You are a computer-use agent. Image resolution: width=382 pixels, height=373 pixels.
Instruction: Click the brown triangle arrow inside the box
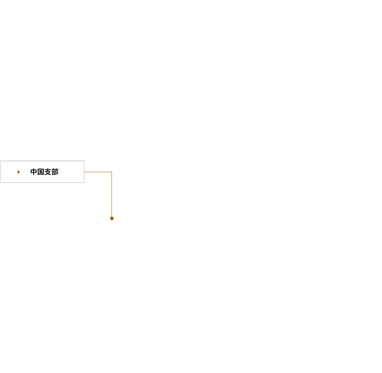click(19, 172)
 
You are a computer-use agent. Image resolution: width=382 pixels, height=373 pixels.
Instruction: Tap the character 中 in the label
click(34, 172)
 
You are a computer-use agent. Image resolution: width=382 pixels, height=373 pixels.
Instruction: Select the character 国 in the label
click(41, 172)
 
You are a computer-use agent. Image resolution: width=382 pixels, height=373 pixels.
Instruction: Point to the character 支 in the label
click(48, 172)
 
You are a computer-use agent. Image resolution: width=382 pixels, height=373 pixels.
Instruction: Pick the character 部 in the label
click(55, 172)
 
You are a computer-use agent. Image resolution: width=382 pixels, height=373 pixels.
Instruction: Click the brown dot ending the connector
click(112, 218)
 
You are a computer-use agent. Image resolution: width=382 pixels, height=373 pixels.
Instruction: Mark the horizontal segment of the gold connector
click(98, 172)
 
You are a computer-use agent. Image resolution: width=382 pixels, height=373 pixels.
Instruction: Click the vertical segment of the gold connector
click(112, 194)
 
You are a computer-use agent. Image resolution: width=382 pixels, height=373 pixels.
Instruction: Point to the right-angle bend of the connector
click(112, 172)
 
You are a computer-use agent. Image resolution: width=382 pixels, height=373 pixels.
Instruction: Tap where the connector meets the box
click(84, 172)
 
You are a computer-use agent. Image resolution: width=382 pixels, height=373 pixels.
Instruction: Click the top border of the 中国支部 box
click(42, 161)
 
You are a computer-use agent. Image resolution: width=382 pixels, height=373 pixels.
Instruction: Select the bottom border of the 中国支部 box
click(42, 182)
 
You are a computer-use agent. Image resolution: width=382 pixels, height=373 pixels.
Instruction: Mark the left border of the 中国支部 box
click(0, 172)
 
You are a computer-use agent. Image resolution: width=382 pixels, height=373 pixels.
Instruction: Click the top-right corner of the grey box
click(84, 161)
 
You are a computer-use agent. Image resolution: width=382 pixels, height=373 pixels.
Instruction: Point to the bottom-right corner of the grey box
click(84, 182)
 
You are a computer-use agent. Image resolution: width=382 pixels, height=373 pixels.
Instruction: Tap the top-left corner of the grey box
click(0, 161)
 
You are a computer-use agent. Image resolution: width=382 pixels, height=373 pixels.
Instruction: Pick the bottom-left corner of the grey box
click(0, 182)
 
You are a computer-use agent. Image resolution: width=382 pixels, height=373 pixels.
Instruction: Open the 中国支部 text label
click(44, 172)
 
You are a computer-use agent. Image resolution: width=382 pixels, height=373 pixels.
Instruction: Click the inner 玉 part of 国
click(41, 172)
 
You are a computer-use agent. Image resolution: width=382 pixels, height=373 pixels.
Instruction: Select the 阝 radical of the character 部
click(57, 172)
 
